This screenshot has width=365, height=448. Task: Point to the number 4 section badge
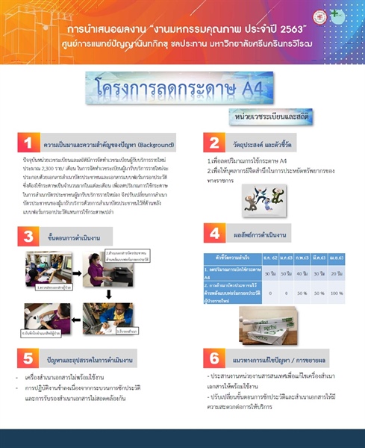tap(214, 233)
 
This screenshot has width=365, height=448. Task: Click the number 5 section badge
tap(28, 358)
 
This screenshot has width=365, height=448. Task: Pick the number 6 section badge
tap(214, 358)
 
